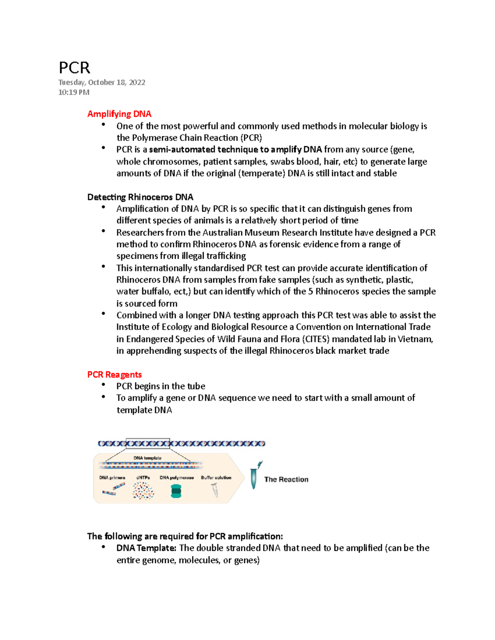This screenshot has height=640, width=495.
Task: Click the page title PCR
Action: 74,68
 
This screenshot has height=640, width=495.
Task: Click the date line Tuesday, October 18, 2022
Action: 101,82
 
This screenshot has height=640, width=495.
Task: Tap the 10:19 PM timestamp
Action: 73,92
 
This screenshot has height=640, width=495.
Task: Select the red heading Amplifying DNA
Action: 119,114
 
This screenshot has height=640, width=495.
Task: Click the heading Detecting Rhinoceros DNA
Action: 140,197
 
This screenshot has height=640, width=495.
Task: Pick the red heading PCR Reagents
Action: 114,375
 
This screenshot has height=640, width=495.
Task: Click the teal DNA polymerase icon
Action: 176,491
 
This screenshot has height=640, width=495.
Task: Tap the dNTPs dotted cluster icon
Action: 143,491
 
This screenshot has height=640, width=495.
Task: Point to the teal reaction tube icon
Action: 254,477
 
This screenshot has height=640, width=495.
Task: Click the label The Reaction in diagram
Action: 286,480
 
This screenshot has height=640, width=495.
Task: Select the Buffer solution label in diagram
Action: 216,478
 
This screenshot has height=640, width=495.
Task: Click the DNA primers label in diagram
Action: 112,478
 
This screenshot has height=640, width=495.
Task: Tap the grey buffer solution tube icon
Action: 215,490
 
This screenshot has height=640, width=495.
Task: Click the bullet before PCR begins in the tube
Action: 103,385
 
